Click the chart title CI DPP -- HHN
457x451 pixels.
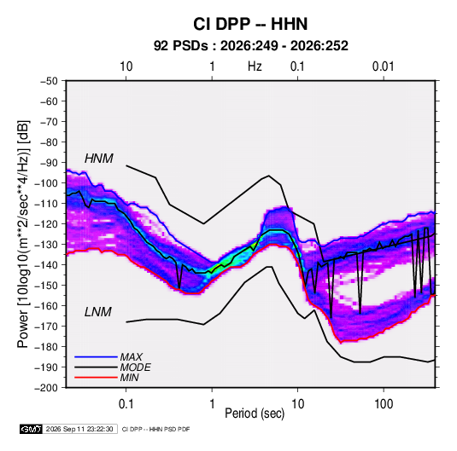tap(250, 24)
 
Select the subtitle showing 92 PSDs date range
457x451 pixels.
tap(251, 46)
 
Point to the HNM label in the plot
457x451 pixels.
tap(99, 159)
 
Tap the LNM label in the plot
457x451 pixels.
tap(98, 312)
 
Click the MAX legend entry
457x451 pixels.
tap(132, 357)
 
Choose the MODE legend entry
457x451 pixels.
tap(135, 367)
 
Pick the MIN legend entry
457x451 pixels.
tap(129, 378)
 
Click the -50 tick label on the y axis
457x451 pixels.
tap(49, 81)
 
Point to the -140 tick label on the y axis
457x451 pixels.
tap(46, 265)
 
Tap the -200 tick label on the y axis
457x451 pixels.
tap(46, 388)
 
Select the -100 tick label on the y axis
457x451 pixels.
tap(46, 183)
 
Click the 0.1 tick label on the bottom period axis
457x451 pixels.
tap(126, 404)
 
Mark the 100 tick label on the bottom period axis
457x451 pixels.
tap(384, 404)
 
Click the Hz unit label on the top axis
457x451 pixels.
tap(255, 66)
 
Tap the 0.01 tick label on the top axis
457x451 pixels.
tap(383, 66)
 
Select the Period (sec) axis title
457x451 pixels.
tap(255, 413)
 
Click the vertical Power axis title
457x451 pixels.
tap(23, 234)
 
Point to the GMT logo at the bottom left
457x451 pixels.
tap(31, 429)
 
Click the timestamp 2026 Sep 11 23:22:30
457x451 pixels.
tap(79, 429)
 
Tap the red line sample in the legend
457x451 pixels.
tap(96, 378)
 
